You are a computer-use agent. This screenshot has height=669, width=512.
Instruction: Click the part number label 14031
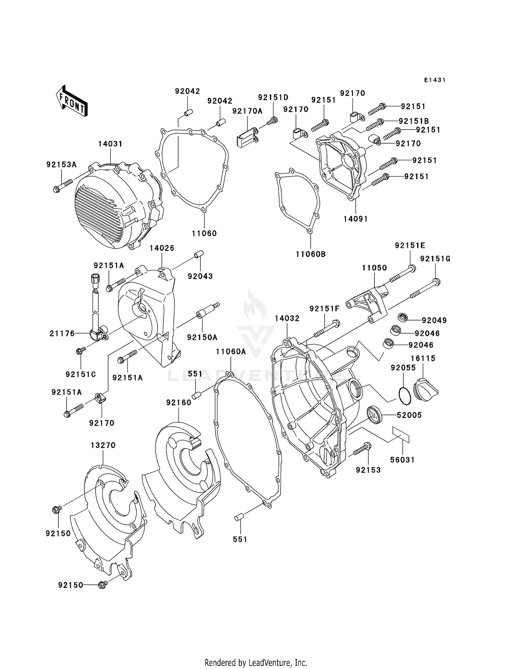(110, 144)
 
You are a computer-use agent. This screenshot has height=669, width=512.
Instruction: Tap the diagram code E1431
(435, 80)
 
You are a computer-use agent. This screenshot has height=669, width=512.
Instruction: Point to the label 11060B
(311, 254)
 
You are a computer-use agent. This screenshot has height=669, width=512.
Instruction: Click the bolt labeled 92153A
(63, 185)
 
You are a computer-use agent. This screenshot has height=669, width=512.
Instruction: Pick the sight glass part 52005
(375, 415)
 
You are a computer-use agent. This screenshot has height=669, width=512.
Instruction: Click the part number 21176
(62, 333)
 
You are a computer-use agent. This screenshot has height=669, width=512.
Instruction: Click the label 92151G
(435, 259)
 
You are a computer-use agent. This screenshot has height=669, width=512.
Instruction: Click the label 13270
(103, 445)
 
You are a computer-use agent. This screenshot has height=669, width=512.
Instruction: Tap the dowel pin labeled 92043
(199, 255)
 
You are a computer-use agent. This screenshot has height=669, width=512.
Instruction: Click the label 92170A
(247, 111)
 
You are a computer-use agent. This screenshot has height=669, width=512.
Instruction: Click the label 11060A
(231, 352)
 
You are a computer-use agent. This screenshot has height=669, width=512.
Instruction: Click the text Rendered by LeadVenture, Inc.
(256, 663)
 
